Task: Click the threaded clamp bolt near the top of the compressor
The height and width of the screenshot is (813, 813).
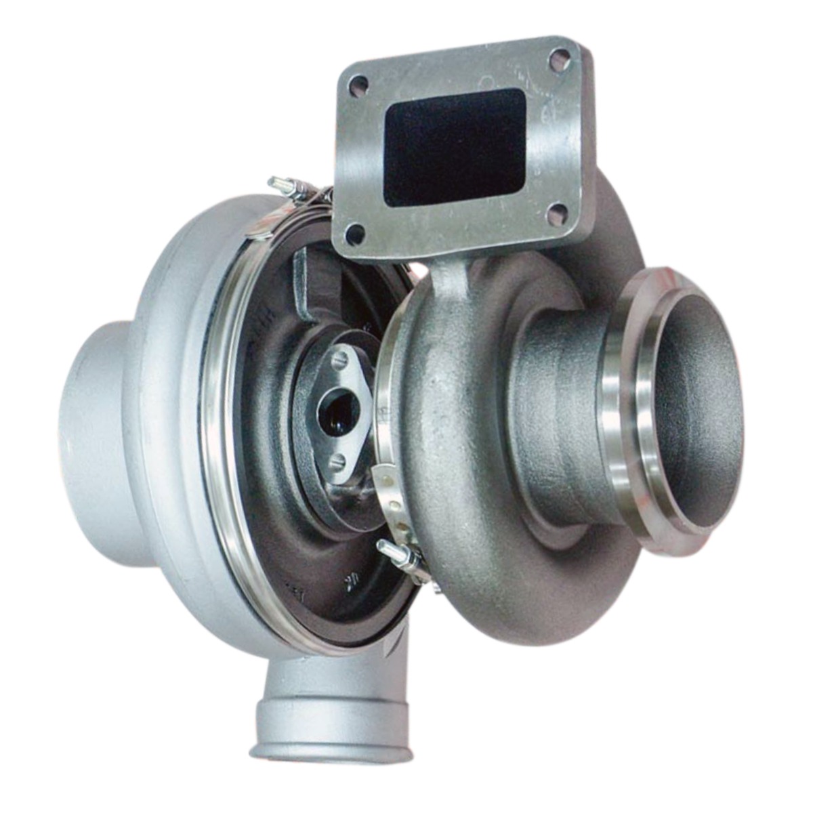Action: (281, 184)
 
